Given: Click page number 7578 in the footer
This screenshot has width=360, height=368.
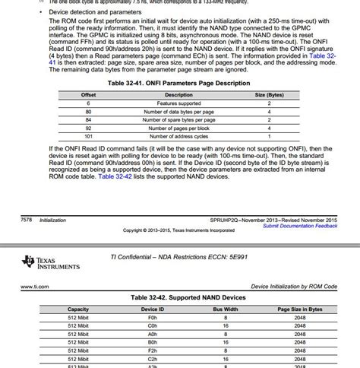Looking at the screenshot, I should coord(10,218).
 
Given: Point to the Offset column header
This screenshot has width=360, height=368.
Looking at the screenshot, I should coord(88,94).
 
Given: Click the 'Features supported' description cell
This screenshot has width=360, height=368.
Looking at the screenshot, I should coord(178,103).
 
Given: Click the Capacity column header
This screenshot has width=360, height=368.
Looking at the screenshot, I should coord(78,309).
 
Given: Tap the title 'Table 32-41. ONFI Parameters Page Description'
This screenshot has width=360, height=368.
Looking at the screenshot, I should coord(178,83).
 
